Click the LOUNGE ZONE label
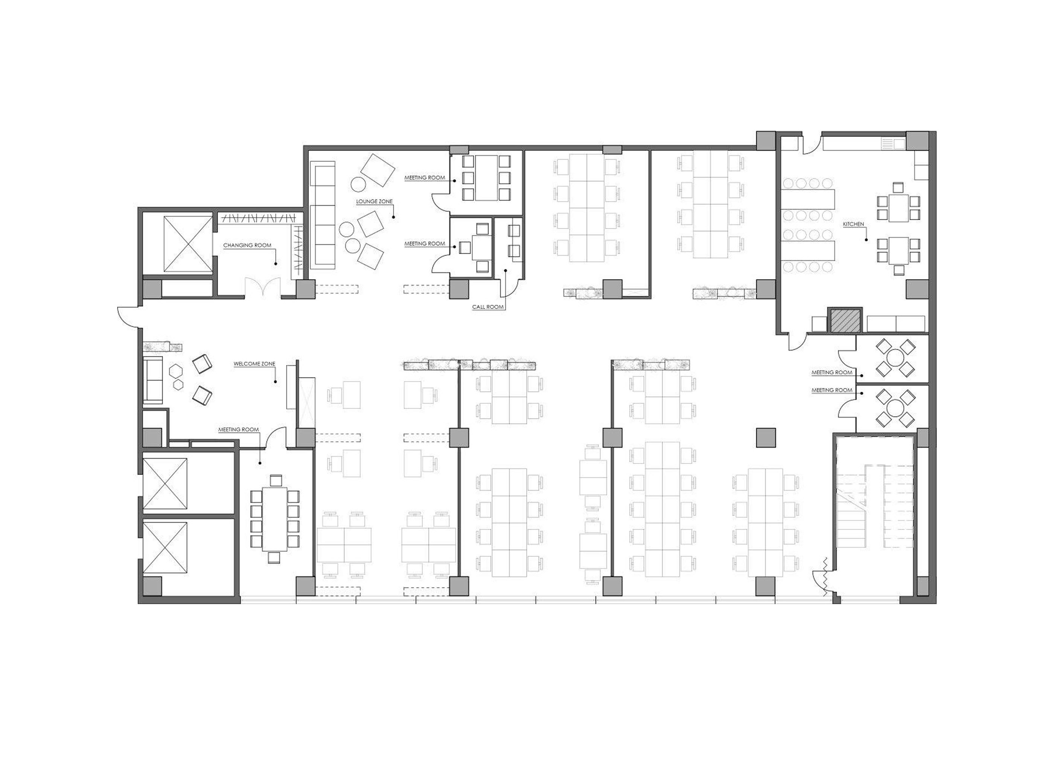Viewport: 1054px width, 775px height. (374, 201)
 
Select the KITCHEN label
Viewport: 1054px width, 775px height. (853, 224)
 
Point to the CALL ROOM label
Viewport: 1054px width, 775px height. (488, 307)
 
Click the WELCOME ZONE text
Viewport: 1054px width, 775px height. (254, 364)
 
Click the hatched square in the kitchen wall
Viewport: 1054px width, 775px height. (844, 320)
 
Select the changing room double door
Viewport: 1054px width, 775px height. (263, 287)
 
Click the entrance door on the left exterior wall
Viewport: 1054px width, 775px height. (128, 316)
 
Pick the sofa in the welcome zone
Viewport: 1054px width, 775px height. (153, 380)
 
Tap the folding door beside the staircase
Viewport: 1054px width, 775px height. (825, 577)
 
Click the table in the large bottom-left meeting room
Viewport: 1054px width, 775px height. (274, 519)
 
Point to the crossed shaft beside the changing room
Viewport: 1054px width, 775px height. (187, 244)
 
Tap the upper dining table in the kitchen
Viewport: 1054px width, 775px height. (898, 208)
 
